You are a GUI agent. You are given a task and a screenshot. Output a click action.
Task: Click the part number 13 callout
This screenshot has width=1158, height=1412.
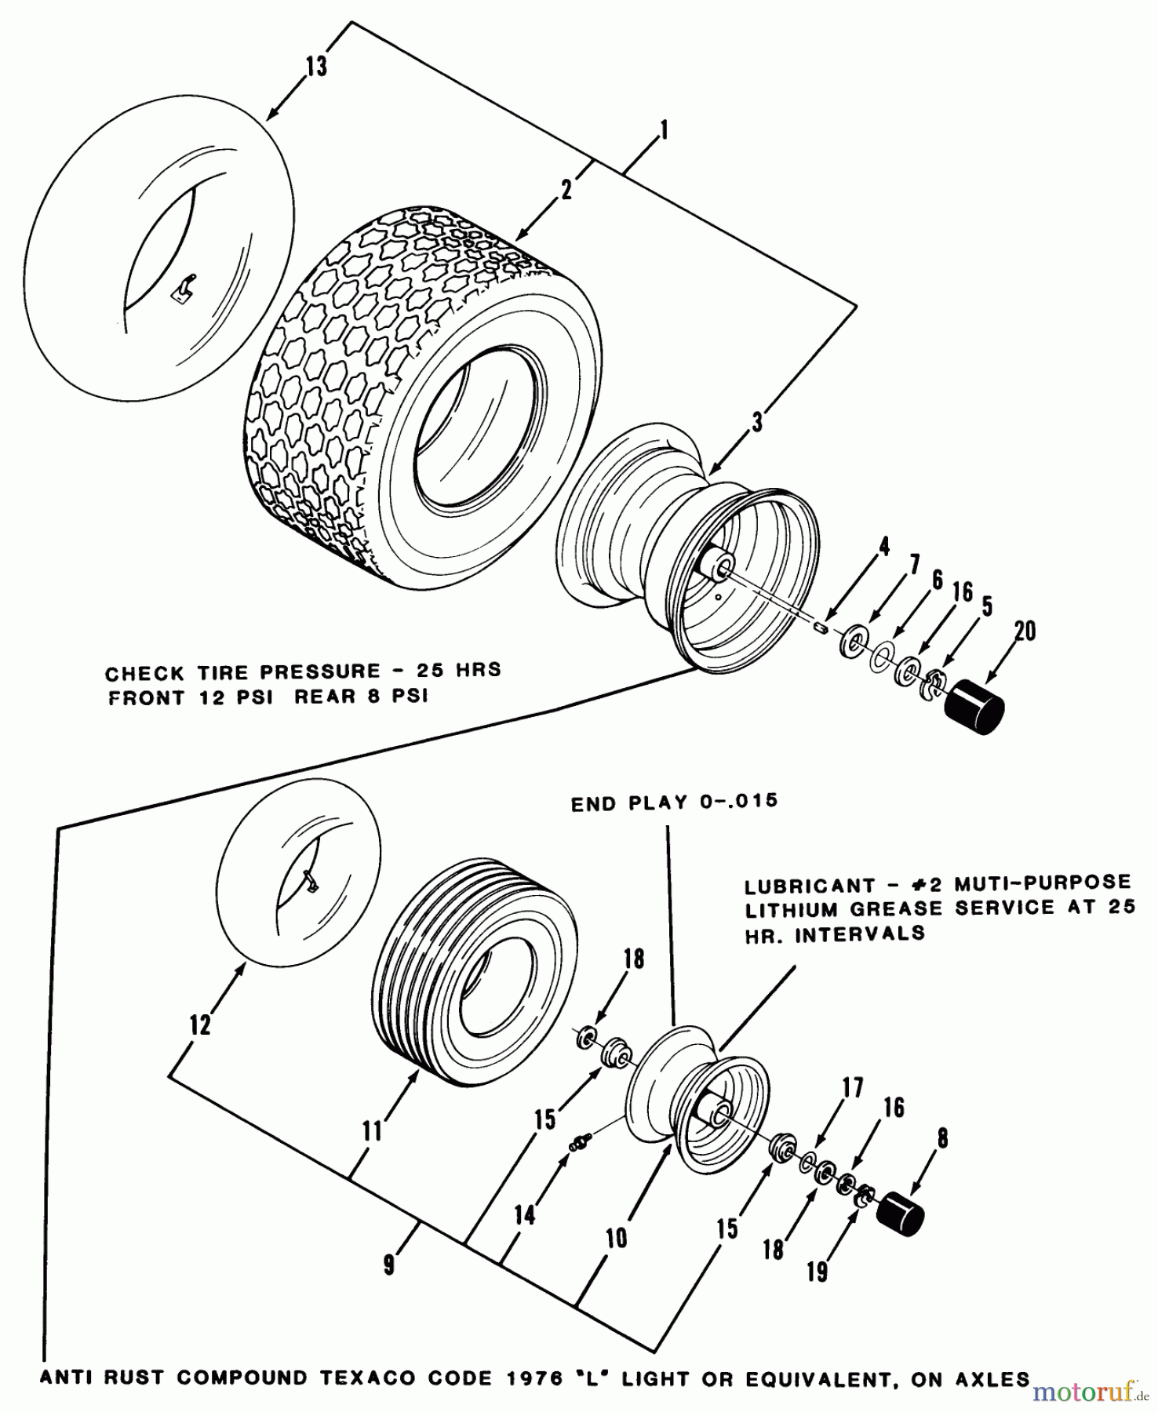[x=316, y=67]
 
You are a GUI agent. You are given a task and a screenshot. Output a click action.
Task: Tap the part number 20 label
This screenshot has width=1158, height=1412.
[x=1025, y=631]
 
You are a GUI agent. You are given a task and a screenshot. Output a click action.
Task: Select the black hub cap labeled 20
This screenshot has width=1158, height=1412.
[x=975, y=708]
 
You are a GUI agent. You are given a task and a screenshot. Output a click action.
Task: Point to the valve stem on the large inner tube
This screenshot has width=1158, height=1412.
[x=184, y=287]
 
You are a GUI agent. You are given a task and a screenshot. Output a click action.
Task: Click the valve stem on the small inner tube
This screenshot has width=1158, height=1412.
[x=310, y=883]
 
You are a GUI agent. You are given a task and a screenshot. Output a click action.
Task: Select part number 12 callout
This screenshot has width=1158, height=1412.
[x=200, y=1024]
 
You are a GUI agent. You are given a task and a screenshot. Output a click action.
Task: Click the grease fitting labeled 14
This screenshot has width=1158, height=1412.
[x=579, y=1145]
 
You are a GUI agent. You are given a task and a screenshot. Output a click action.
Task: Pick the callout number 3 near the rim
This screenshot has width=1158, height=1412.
[x=756, y=423]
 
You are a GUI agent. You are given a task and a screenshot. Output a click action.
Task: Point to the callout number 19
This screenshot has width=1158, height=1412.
[x=817, y=1272]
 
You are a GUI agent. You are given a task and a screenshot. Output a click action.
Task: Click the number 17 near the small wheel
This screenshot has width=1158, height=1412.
[x=853, y=1087]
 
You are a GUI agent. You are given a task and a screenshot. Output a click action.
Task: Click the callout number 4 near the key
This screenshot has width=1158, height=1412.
[x=884, y=547]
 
